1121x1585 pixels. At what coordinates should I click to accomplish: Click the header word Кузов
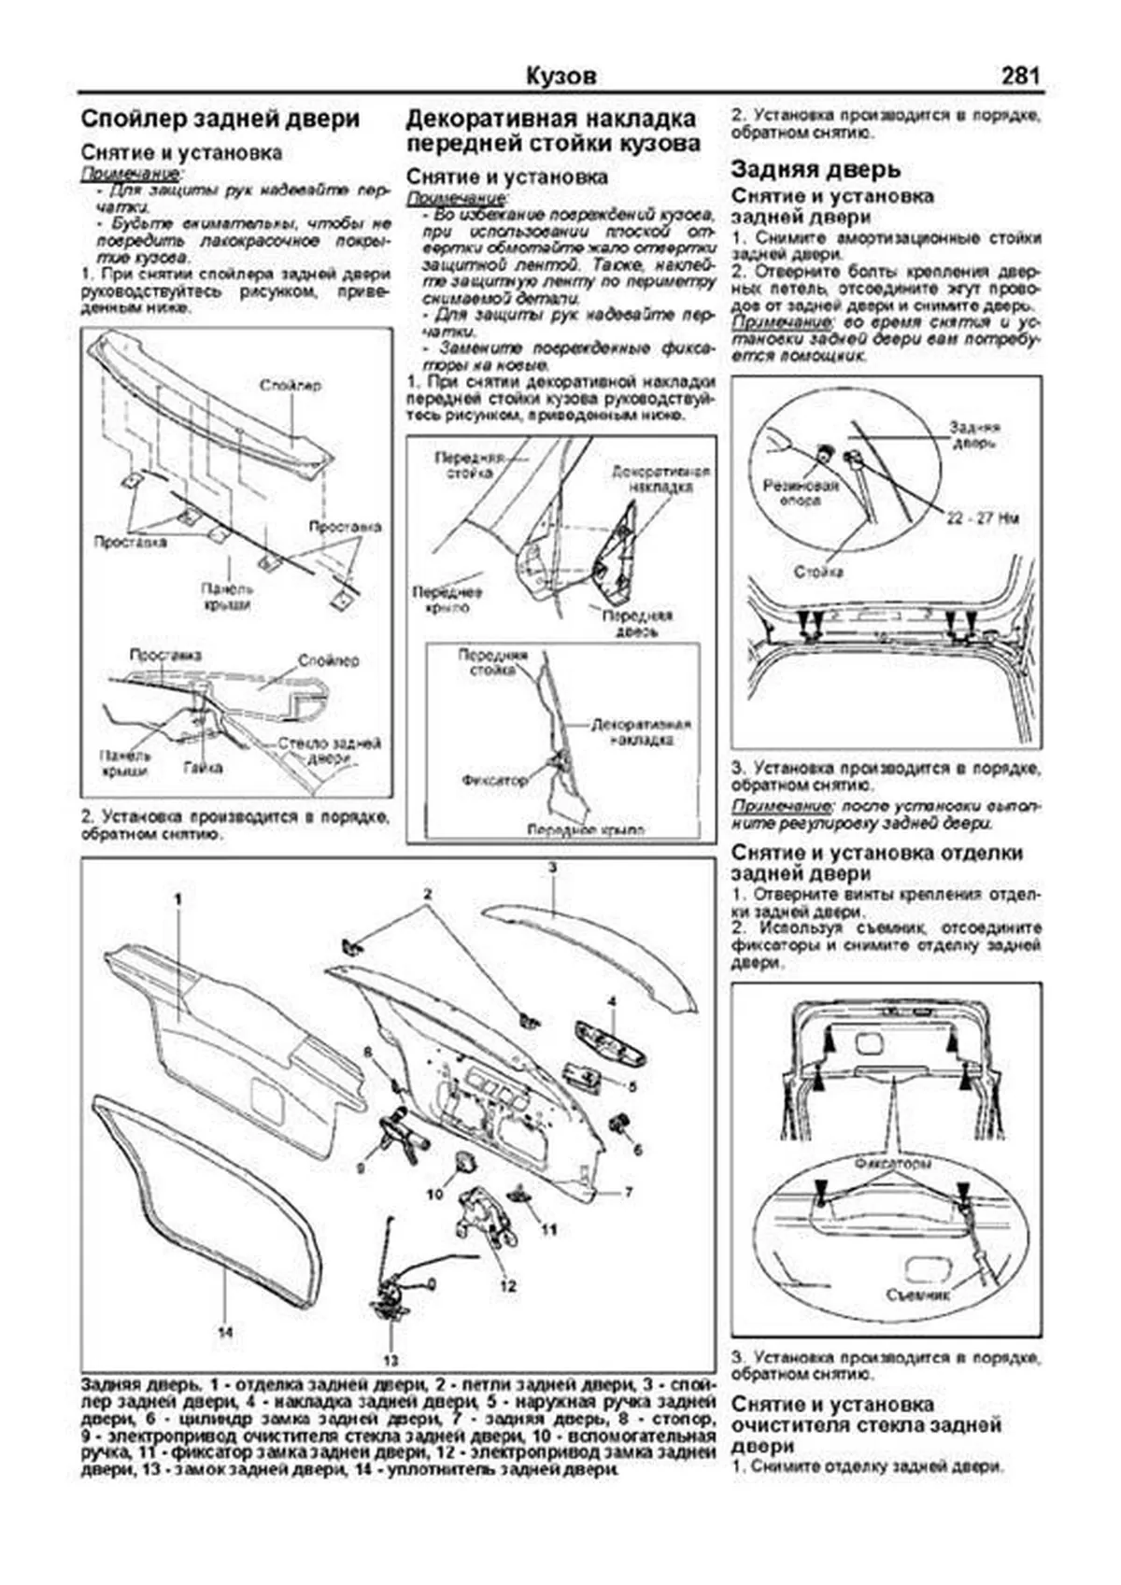(x=560, y=76)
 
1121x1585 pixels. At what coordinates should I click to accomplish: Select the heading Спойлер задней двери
(x=220, y=120)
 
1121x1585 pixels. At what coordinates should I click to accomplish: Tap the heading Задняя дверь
(x=816, y=169)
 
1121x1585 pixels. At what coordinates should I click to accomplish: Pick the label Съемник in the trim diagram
(x=918, y=1295)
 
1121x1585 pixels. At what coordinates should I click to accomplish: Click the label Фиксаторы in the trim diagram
(x=893, y=1165)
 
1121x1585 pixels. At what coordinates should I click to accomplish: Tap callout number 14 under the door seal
(x=225, y=1332)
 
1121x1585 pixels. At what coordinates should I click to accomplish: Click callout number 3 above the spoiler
(x=552, y=868)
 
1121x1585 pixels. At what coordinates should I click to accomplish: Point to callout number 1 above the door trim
(x=177, y=898)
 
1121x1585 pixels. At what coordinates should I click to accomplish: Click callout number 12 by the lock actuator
(x=507, y=1286)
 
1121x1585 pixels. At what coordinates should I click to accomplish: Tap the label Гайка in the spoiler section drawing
(x=203, y=767)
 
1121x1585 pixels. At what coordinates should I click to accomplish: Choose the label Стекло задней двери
(x=330, y=752)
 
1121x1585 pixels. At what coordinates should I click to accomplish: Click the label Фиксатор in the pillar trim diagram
(x=494, y=779)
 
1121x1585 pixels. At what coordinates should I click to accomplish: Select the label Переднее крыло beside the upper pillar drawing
(x=447, y=600)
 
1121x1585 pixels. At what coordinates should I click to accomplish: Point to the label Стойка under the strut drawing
(x=818, y=571)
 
